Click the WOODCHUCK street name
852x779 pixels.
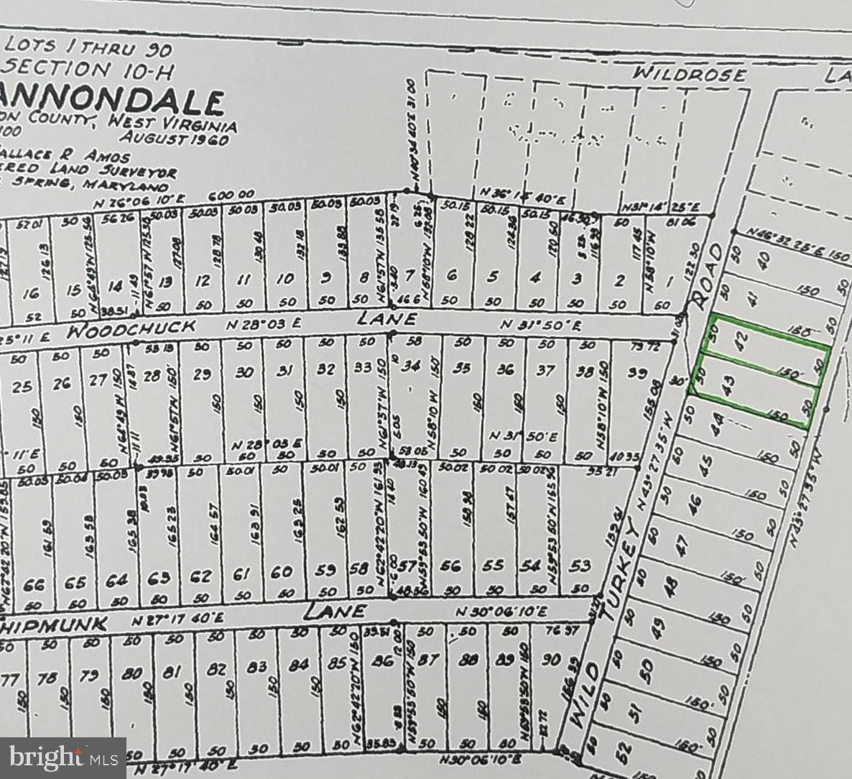[132, 328]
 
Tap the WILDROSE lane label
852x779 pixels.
[690, 74]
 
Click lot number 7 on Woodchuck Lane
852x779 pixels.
[410, 276]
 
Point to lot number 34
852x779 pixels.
[410, 367]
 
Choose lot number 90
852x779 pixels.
[551, 658]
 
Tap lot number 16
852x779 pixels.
[31, 292]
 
